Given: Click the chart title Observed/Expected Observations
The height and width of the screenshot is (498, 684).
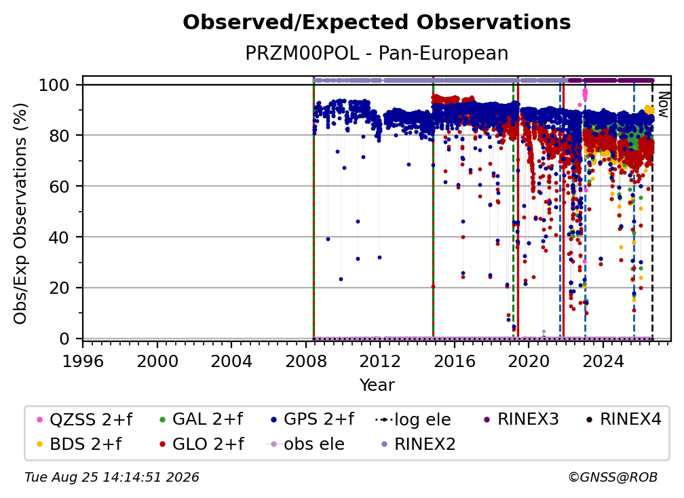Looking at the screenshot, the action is coord(377,22).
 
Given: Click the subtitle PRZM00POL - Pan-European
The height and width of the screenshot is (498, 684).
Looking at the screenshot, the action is coord(377,53).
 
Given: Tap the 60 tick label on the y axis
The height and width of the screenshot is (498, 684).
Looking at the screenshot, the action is coord(59,186).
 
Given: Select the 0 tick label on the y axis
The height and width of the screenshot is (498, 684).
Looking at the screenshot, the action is coord(64,339).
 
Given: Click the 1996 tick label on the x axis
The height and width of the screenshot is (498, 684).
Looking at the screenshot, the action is coord(83,361).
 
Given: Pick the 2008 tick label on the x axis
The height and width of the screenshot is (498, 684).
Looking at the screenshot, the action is coord(306,361).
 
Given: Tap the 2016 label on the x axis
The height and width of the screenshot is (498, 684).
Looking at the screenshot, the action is coord(455,361).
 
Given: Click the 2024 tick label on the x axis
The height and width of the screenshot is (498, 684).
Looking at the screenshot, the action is coord(603,361).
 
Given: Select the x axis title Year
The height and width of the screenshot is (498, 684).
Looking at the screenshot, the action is coord(377,385).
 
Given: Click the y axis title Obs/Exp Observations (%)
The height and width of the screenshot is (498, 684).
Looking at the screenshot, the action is coord(20,213).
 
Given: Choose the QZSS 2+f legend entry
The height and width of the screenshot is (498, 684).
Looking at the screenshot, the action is coord(85,419).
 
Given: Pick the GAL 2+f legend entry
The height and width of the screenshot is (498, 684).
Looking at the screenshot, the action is coord(201,419).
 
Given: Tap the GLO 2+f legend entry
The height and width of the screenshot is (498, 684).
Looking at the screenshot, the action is coord(202,444).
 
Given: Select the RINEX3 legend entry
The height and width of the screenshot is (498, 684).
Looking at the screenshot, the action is coord(521,419).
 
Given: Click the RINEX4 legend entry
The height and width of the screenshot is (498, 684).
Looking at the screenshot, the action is coord(624,419).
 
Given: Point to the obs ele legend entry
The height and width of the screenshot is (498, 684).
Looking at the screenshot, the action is coord(305,444).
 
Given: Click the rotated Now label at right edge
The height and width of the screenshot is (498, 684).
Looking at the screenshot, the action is coord(662,104).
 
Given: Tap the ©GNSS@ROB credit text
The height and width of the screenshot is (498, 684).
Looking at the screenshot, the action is coord(613,477).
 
